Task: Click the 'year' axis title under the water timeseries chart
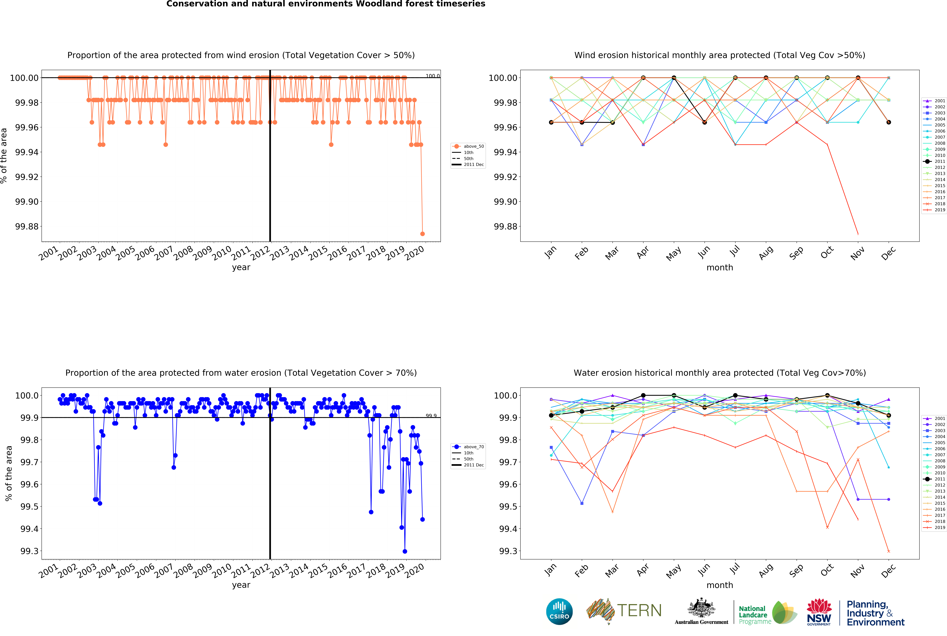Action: click(x=241, y=585)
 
